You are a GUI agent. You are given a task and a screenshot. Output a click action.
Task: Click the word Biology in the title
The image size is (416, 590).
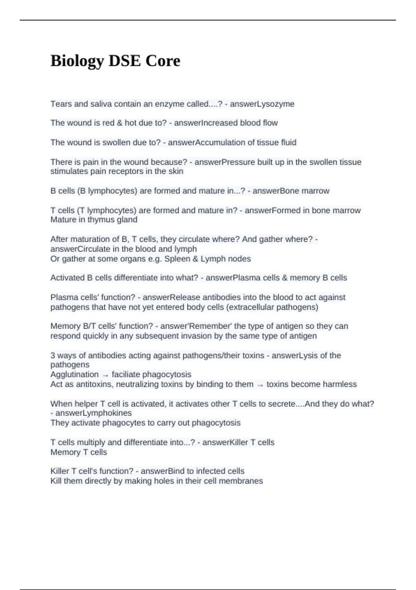point(77,61)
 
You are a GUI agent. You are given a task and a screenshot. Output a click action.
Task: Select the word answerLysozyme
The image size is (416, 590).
point(262,104)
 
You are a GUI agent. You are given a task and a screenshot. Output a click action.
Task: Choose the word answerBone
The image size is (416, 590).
point(271,191)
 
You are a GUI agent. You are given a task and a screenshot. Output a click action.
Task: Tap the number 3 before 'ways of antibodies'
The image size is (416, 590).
point(53,355)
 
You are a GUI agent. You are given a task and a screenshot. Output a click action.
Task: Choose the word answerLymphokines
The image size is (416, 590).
point(94,413)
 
